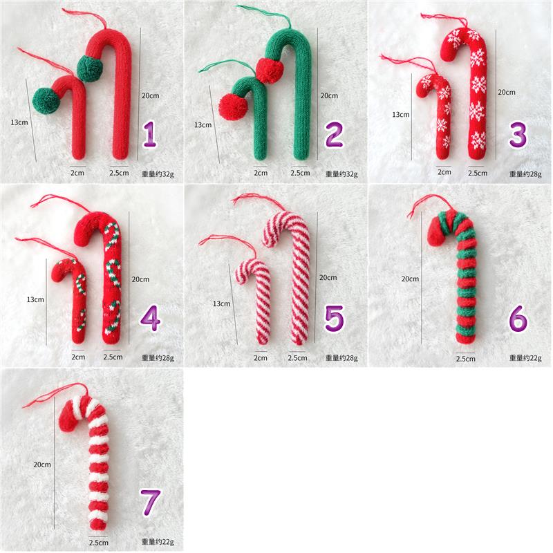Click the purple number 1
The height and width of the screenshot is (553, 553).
pos(150,133)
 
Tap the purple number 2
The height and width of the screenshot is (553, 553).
pos(334,134)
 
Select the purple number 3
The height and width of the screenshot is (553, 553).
pos(518,134)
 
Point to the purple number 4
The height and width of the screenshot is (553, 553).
pos(150,319)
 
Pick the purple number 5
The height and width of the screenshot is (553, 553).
pos(334,319)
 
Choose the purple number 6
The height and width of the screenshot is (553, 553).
pos(518,319)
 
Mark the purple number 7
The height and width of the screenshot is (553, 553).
pos(151,503)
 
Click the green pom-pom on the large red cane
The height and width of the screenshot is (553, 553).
pos(90,68)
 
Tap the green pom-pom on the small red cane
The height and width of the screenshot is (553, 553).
pos(46,101)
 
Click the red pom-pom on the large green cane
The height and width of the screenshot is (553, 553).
pos(270,71)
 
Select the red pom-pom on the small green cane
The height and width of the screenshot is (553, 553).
pos(232,107)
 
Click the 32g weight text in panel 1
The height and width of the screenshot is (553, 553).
pos(158,174)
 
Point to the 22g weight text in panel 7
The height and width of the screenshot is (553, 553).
pos(158,542)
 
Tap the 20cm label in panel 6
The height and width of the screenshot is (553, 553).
pos(410,279)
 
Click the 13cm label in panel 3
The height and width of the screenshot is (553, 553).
pos(401,115)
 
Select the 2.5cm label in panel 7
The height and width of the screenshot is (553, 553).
pos(98,543)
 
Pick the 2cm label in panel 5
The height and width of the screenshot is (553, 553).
pos(261,358)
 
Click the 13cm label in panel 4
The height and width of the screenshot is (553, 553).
pos(36,300)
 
